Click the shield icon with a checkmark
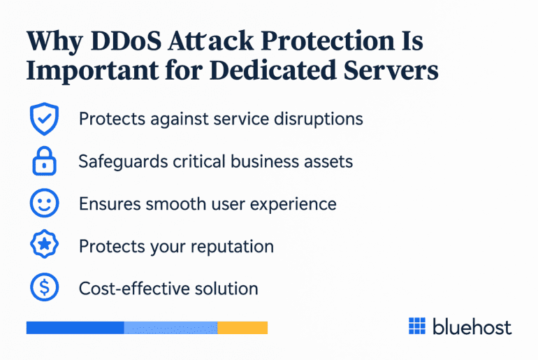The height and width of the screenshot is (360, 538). [43, 119]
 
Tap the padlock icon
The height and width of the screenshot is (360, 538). [43, 162]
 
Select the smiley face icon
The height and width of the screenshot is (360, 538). [43, 204]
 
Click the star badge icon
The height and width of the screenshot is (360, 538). [43, 246]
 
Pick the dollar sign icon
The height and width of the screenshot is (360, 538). [43, 288]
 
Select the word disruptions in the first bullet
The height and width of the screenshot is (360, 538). [317, 119]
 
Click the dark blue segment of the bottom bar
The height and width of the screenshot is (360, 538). [75, 327]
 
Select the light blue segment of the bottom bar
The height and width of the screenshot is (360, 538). [170, 327]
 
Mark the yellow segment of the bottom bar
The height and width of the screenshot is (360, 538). [242, 327]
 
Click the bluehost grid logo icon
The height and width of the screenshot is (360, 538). [417, 326]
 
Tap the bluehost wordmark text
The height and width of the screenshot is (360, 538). [472, 326]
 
